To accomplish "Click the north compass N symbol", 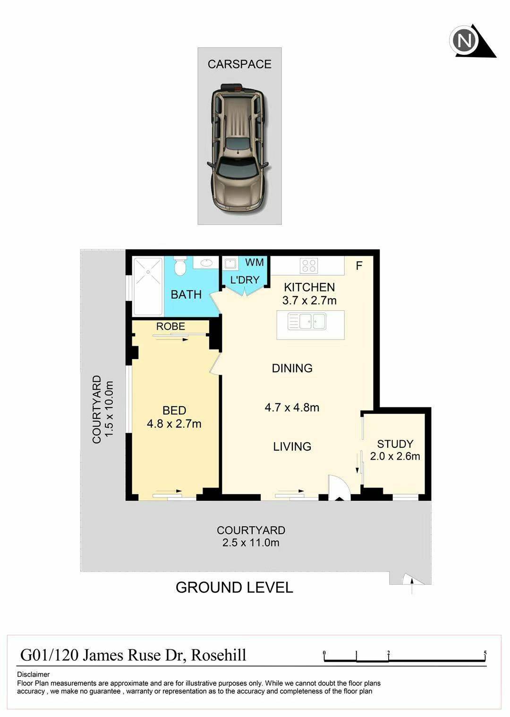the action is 464,41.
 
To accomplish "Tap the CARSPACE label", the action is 239,64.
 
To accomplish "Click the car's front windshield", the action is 237,168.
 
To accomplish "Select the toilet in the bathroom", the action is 180,265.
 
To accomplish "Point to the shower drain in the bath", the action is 148,272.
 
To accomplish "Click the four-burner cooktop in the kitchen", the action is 309,265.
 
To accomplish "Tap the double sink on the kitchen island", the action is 307,321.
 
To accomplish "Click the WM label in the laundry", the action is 255,263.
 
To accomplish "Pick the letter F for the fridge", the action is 359,265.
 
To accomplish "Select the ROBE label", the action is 170,326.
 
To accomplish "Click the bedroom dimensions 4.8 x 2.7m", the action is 174,424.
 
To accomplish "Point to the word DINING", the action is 292,368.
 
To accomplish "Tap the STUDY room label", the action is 395,444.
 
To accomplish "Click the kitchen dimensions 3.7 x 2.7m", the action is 309,300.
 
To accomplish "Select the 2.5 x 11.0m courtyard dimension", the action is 251,543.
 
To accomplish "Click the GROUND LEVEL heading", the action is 234,588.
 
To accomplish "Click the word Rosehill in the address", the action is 219,655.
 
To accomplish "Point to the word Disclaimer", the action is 33,674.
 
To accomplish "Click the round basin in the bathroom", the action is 207,263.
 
